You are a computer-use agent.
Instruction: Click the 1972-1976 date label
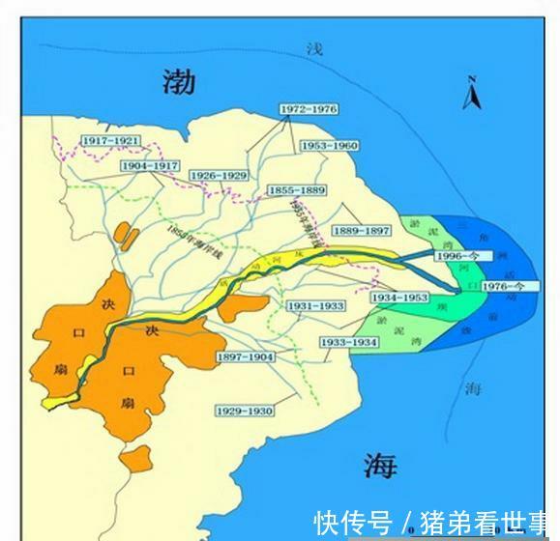(x=309, y=110)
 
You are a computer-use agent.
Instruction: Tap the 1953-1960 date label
(x=329, y=146)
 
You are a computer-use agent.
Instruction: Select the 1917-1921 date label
(x=110, y=141)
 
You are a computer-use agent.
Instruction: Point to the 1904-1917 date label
(x=151, y=166)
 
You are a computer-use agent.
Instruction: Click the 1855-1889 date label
(x=297, y=189)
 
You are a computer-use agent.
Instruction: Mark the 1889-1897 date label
(x=362, y=231)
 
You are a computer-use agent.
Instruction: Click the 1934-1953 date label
(x=399, y=299)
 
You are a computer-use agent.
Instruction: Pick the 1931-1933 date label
(x=315, y=306)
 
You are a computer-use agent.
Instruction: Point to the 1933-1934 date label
(x=350, y=343)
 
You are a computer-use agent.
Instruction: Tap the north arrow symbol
(x=473, y=93)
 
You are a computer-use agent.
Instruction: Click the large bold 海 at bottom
(x=380, y=466)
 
